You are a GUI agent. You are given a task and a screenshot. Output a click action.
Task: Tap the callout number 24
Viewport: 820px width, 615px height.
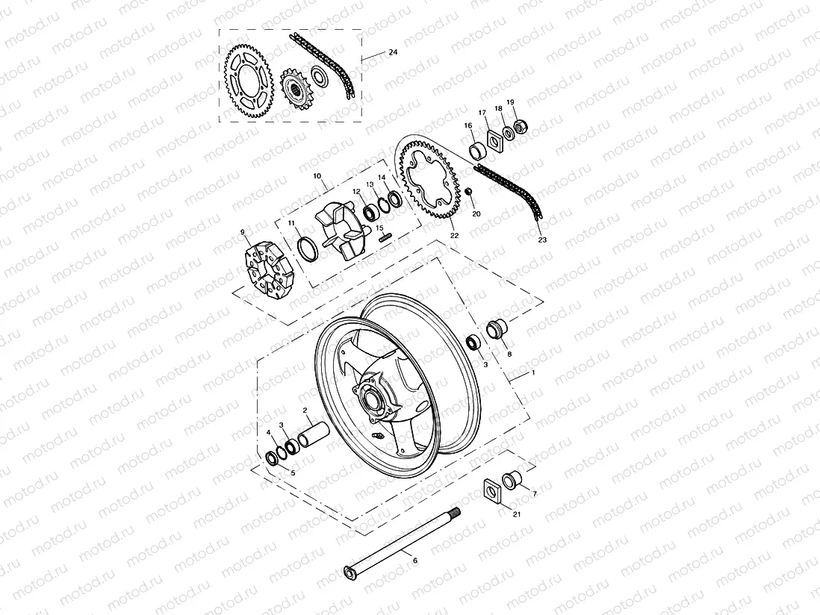tap(393, 53)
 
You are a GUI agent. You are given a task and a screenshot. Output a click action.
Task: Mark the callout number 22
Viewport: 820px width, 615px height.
tap(453, 236)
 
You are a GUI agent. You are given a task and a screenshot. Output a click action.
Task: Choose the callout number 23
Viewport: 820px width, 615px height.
tap(542, 241)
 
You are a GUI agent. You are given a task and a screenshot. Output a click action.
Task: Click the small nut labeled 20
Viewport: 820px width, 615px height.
tap(469, 193)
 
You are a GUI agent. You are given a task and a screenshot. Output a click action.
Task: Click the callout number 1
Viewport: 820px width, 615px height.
tap(532, 371)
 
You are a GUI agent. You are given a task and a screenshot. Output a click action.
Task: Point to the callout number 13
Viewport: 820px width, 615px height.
tap(369, 184)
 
